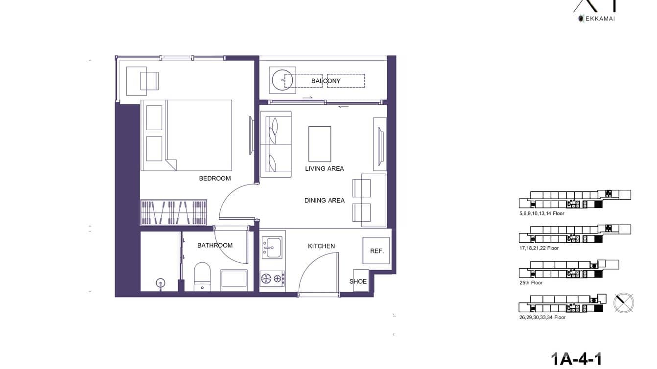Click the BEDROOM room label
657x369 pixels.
tap(214, 178)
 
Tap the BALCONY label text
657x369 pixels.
tap(326, 81)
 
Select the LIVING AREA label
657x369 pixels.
tap(324, 168)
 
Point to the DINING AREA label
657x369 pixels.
tap(324, 200)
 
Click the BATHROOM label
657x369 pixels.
tap(214, 245)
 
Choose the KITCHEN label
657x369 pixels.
tap(321, 246)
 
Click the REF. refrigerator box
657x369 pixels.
tap(376, 251)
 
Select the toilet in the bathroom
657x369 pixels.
tap(202, 277)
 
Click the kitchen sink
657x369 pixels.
tap(271, 248)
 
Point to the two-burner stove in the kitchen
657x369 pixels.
tap(272, 279)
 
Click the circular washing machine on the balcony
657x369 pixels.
tap(282, 80)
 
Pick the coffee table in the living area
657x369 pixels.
tap(319, 144)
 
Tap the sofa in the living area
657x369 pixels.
tap(275, 144)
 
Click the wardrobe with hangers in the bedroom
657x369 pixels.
tap(174, 212)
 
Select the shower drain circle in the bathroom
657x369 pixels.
tap(160, 282)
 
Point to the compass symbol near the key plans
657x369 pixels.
tap(624, 302)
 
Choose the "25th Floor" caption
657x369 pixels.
tap(531, 283)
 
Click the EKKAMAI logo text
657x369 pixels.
tap(599, 19)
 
